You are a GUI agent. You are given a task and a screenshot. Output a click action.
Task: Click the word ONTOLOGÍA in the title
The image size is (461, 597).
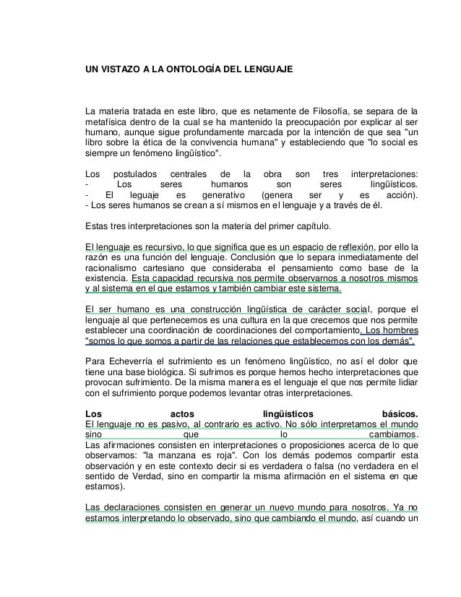(182, 72)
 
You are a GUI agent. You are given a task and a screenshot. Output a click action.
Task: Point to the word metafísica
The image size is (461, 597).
(107, 122)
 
